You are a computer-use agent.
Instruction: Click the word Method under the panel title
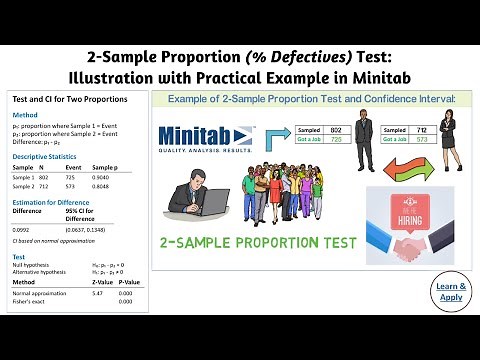point(24,116)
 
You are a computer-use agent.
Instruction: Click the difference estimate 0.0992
point(21,230)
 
